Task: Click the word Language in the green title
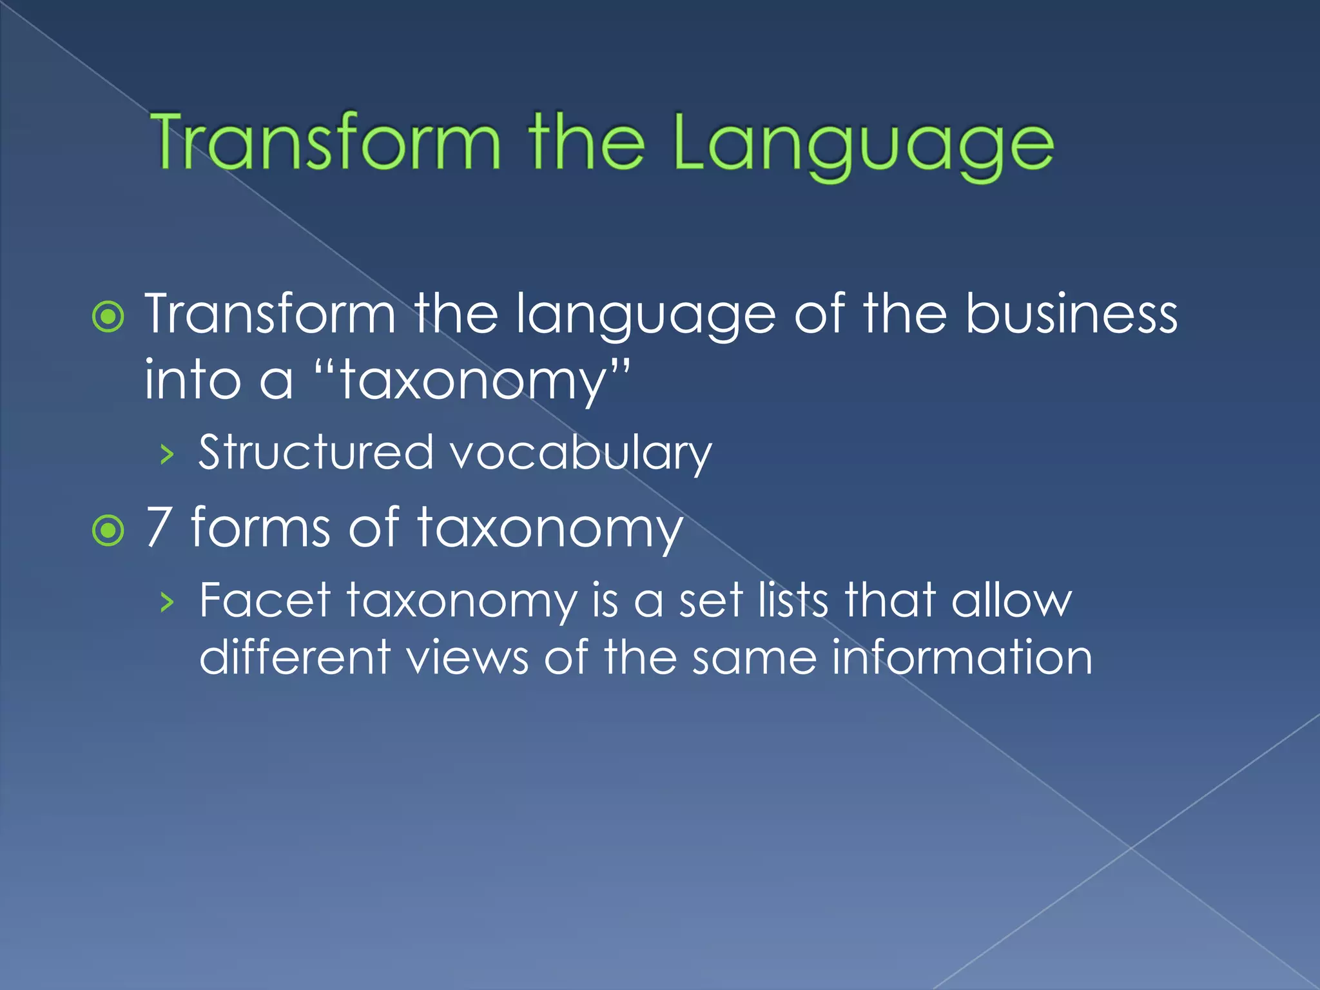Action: [x=864, y=145]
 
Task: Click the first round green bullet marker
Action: [x=108, y=317]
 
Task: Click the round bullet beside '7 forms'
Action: [x=108, y=530]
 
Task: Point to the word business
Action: [x=1071, y=315]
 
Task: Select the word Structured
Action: [x=316, y=452]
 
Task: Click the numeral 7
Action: [x=159, y=527]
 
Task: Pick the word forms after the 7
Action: [x=260, y=527]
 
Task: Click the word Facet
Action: [x=265, y=600]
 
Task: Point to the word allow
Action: [x=1011, y=600]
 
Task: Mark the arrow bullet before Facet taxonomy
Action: [x=167, y=603]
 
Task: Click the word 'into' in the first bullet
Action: [x=192, y=380]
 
